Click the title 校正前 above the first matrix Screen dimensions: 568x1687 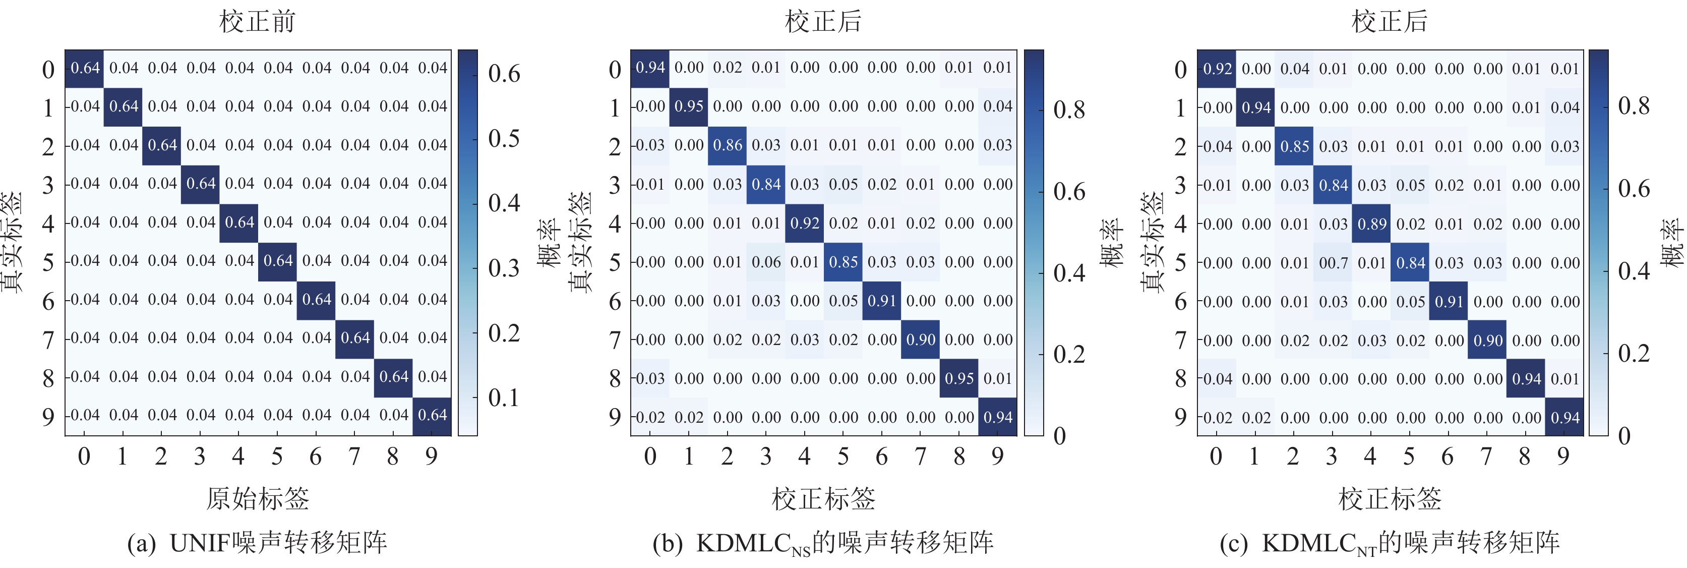[257, 21]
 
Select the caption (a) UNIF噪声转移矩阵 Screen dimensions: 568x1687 [257, 542]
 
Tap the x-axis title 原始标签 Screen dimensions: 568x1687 [257, 498]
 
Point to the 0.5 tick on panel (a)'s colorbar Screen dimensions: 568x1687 [504, 138]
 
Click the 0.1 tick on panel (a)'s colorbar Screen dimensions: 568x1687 [504, 397]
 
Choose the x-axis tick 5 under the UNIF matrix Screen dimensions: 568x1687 [277, 456]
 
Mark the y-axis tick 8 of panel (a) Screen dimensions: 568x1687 [48, 378]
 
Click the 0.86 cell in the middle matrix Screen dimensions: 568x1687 [728, 145]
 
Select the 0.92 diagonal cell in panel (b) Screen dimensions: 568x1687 [805, 223]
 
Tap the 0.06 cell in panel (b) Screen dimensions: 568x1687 [766, 262]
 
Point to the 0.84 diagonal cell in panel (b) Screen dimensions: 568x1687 [766, 184]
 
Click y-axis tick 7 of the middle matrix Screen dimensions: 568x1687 [614, 340]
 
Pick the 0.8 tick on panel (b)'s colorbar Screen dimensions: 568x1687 [1069, 109]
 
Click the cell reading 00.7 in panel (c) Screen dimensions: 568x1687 [1334, 263]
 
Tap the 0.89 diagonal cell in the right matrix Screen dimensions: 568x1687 [1372, 224]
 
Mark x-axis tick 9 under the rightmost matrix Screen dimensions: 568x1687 [1564, 456]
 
